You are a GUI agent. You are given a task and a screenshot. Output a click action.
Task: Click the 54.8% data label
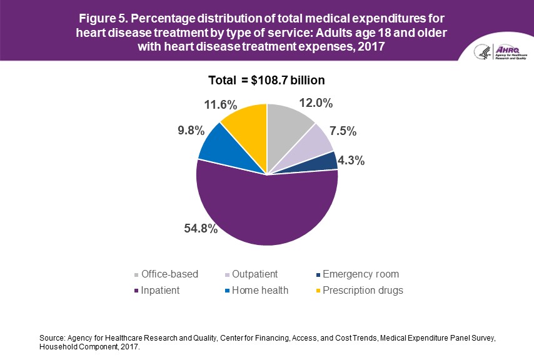tap(201, 229)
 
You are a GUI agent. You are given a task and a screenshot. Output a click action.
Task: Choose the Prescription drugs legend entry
tap(363, 291)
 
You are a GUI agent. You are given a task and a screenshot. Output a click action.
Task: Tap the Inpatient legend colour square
tap(136, 291)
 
